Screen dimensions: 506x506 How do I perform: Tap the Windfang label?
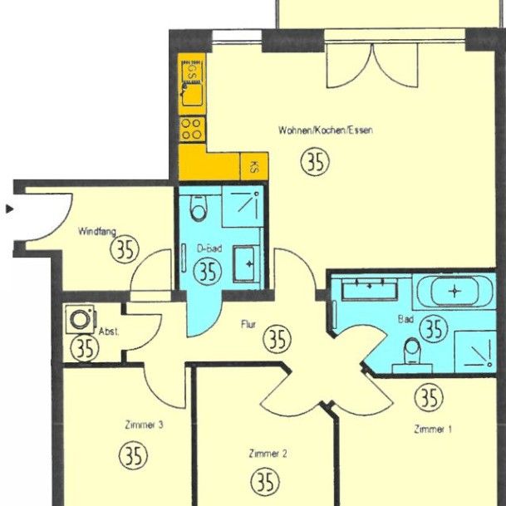tap(97, 232)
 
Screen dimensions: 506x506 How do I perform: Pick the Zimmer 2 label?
tap(268, 454)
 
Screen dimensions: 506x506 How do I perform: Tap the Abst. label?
tap(108, 331)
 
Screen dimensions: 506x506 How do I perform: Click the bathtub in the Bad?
tap(454, 292)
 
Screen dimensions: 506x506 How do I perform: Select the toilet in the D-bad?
tap(198, 209)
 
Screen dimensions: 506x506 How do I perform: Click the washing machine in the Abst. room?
tap(81, 317)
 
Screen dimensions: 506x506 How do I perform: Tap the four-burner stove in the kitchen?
tap(192, 130)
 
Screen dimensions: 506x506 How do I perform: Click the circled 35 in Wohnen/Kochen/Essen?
tap(315, 161)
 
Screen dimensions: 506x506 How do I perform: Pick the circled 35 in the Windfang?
tap(125, 249)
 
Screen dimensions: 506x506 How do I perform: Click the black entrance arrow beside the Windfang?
tap(9, 209)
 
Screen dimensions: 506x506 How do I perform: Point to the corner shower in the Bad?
tap(477, 352)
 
